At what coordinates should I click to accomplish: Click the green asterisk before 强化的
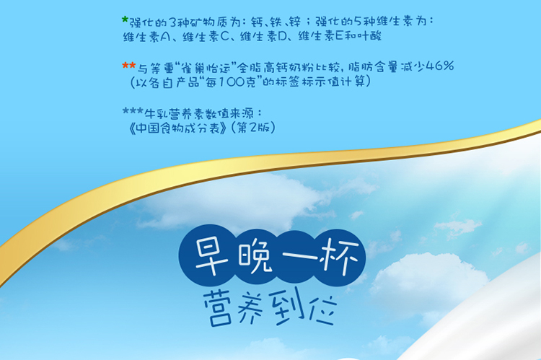(x=126, y=20)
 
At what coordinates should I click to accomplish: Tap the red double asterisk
(x=129, y=66)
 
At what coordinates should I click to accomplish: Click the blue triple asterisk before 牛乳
(x=133, y=111)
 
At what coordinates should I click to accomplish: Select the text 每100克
(x=232, y=82)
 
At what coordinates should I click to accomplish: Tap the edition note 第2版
(x=254, y=128)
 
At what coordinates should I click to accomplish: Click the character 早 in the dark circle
(x=211, y=256)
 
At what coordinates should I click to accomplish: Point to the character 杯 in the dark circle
(x=339, y=256)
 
